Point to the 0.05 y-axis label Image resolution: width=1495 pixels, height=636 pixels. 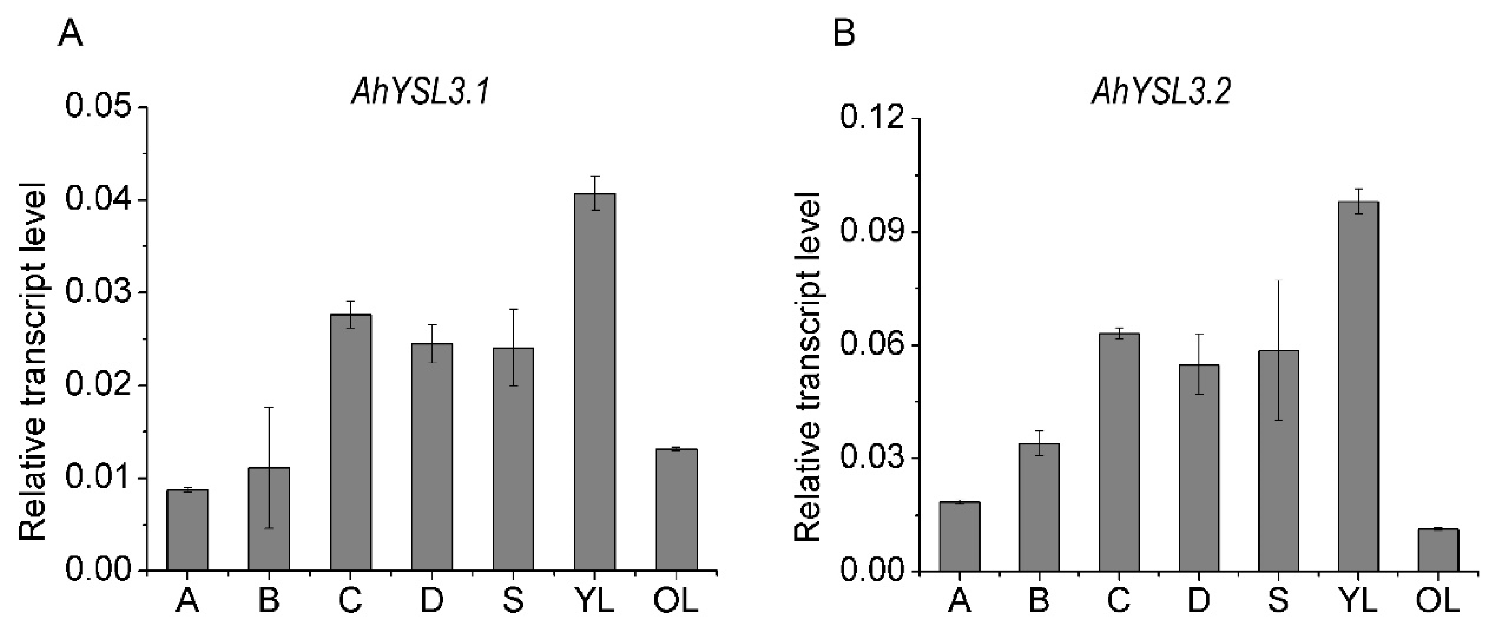coord(98,107)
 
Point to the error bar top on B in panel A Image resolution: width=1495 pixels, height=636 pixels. coord(269,408)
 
